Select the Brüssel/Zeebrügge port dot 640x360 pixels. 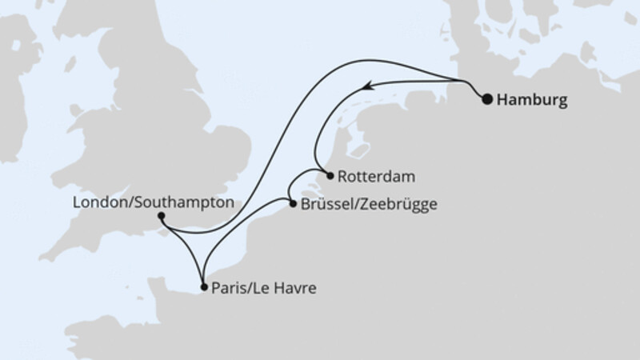point(292,204)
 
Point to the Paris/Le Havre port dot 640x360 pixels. point(204,286)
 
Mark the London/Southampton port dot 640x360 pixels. point(162,215)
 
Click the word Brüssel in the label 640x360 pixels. point(325,205)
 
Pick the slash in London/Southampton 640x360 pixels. point(126,203)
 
